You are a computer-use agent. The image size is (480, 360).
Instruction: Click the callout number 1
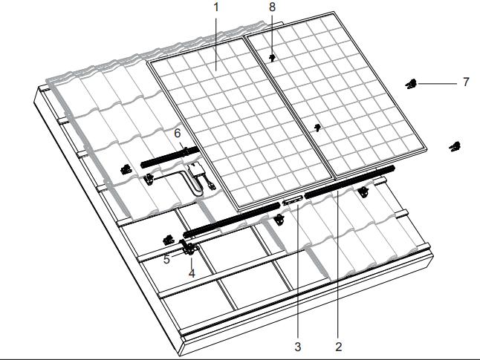point(216,7)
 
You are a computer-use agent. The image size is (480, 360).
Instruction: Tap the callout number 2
point(338,347)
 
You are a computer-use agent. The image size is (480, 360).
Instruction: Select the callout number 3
point(298,347)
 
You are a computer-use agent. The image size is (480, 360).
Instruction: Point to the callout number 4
point(192,273)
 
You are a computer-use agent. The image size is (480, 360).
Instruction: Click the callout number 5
point(166,259)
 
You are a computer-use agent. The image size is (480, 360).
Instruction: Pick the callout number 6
point(178,134)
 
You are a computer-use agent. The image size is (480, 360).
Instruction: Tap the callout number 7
point(466,82)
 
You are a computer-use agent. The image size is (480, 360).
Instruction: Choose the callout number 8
point(272,7)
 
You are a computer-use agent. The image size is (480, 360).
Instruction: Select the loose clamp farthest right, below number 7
point(455,146)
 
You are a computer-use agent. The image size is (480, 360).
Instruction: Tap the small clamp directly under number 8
point(272,57)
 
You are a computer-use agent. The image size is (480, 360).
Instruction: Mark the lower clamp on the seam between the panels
point(318,127)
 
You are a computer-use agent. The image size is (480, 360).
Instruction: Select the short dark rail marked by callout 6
point(170,157)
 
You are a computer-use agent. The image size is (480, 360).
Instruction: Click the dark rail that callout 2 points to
point(349,182)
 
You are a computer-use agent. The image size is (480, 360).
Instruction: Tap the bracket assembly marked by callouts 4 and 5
point(188,247)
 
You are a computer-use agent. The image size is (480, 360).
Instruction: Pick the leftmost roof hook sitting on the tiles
point(126,169)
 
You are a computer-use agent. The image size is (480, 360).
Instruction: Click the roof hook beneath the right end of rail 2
point(363,192)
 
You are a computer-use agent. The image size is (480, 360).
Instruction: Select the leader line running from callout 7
point(438,83)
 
